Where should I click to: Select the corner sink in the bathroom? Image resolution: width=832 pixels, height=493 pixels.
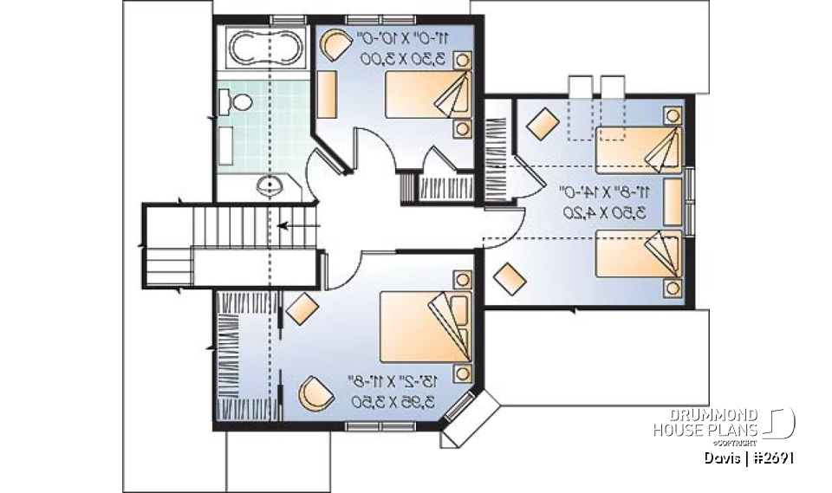[270, 185]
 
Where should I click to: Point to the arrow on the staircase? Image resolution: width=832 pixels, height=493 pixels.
[298, 227]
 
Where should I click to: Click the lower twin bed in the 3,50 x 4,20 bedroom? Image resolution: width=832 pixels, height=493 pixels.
[640, 259]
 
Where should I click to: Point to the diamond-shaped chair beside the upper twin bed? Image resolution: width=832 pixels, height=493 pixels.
[543, 122]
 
